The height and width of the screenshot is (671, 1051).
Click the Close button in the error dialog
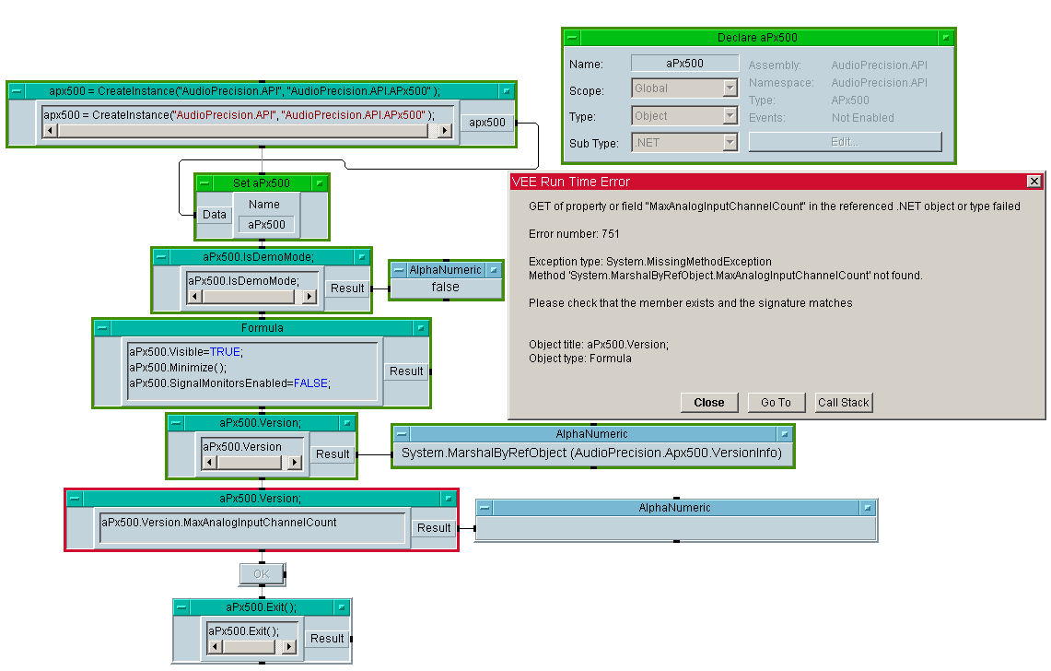(x=709, y=402)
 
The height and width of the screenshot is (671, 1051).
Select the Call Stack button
(x=844, y=402)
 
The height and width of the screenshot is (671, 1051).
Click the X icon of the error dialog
(x=1033, y=182)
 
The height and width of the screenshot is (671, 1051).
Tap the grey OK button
(x=262, y=574)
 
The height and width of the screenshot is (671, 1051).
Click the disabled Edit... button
(x=845, y=142)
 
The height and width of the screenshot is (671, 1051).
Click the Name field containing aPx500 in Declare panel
(x=684, y=64)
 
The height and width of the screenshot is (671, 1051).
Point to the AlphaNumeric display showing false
(x=446, y=288)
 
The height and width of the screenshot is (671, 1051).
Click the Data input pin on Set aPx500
(x=215, y=215)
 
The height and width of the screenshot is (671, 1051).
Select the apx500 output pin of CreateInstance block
(x=487, y=123)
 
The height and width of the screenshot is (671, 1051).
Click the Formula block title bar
(x=262, y=327)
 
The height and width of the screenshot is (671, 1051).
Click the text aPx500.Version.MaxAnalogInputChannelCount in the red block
(x=219, y=523)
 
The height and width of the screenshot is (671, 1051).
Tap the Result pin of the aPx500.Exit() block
(x=327, y=638)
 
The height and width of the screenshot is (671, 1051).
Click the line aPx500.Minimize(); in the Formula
(x=178, y=367)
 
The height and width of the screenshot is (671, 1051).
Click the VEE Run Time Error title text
(x=571, y=182)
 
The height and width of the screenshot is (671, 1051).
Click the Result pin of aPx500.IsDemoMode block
(x=347, y=288)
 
